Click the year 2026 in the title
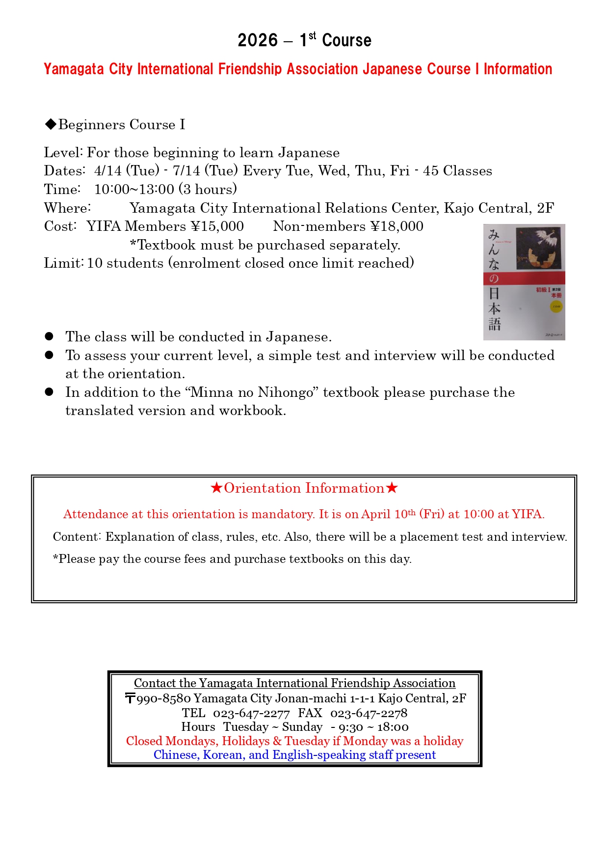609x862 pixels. pyautogui.click(x=258, y=40)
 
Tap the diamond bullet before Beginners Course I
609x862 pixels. pyautogui.click(x=51, y=124)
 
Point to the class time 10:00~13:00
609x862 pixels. pyautogui.click(x=134, y=189)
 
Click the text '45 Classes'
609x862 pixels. pyautogui.click(x=457, y=171)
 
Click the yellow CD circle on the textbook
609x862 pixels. pyautogui.click(x=556, y=306)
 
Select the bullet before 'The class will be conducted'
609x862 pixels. pyautogui.click(x=49, y=336)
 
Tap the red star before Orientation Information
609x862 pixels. pyautogui.click(x=216, y=488)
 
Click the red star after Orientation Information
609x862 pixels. pyautogui.click(x=392, y=488)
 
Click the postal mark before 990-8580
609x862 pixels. pyautogui.click(x=130, y=698)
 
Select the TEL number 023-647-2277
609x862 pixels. pyautogui.click(x=251, y=713)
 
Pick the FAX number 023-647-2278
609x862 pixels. pyautogui.click(x=369, y=713)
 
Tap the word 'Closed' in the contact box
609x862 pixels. pyautogui.click(x=144, y=741)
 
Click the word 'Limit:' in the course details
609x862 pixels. pyautogui.click(x=64, y=263)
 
